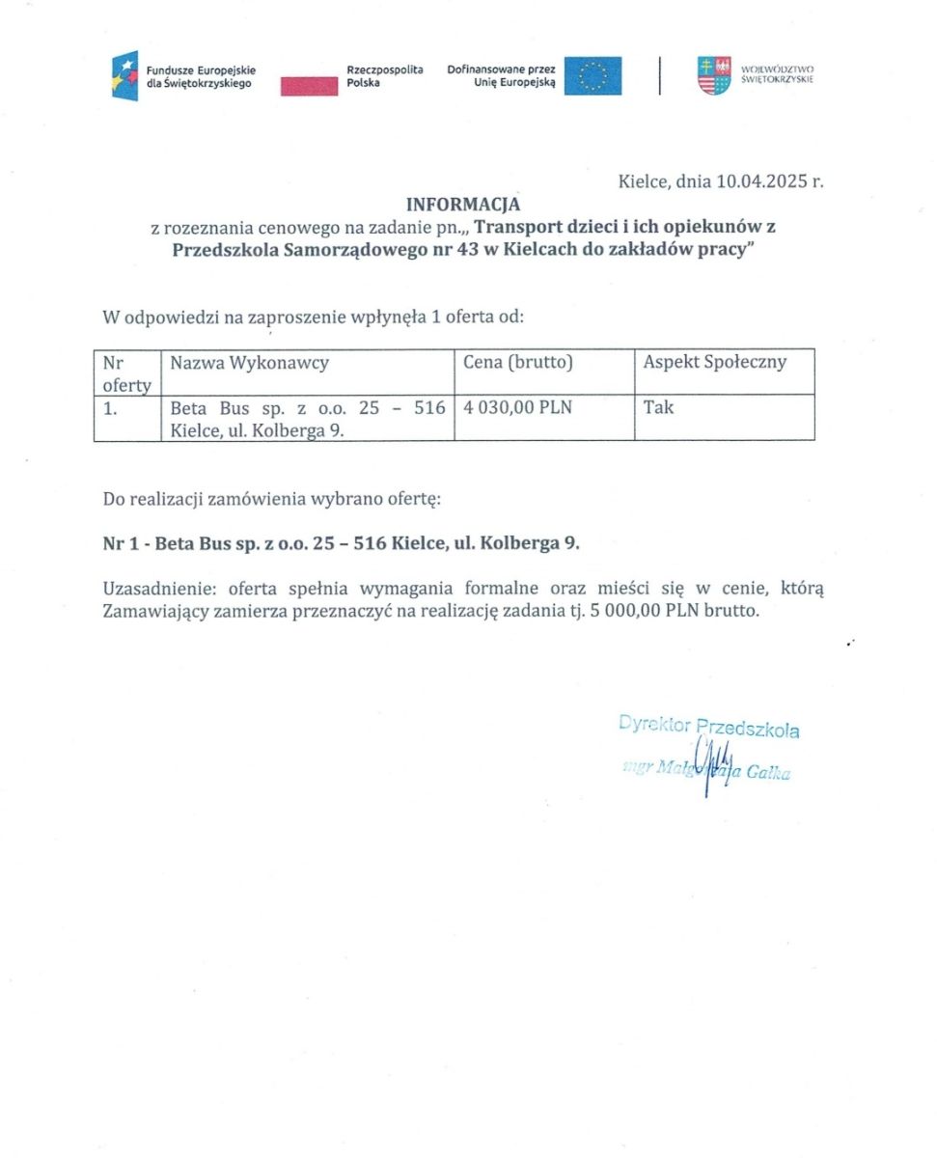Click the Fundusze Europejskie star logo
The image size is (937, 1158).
(125, 76)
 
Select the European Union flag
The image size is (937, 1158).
(593, 76)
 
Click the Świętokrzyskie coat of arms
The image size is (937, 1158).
(714, 76)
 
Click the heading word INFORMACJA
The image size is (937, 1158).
(462, 205)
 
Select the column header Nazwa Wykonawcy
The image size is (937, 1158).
(249, 363)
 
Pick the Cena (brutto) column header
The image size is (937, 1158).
(518, 363)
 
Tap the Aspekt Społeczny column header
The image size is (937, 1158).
(714, 363)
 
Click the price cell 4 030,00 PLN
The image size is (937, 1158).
(518, 408)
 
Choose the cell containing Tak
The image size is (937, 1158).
(658, 408)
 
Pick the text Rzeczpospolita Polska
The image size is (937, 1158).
(384, 76)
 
